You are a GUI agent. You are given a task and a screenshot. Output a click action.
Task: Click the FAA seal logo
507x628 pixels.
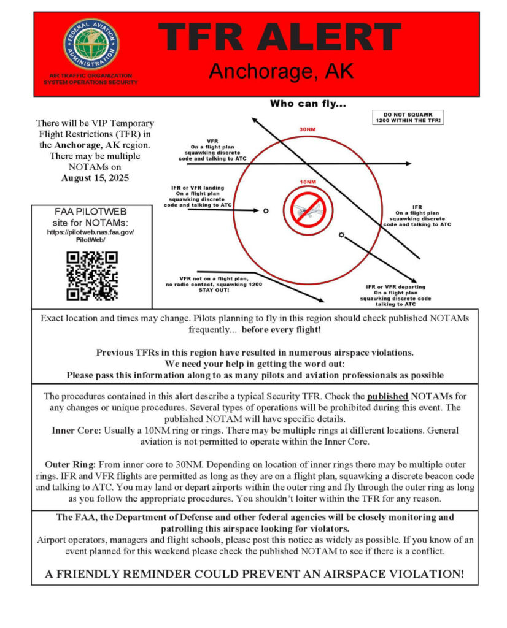91,44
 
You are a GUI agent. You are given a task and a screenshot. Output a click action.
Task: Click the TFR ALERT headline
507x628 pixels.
281,37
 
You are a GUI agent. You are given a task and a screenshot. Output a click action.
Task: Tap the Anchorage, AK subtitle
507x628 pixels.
281,71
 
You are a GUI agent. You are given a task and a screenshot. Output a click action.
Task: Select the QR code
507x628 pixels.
91,276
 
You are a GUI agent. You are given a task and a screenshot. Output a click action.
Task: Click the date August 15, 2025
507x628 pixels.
95,178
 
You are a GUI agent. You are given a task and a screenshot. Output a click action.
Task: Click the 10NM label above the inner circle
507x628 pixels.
308,182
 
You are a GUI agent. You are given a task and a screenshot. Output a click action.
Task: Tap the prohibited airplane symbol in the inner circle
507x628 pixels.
308,210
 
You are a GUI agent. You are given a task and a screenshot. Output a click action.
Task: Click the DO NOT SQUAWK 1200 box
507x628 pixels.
408,117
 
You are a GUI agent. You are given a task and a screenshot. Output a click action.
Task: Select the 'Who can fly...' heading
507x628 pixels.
308,104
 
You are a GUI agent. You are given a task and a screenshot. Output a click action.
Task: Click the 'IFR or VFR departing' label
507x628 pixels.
395,287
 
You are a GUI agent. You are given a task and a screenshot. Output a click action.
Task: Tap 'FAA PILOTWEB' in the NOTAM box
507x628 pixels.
91,212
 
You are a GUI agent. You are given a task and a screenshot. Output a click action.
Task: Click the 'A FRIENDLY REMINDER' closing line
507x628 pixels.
254,574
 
